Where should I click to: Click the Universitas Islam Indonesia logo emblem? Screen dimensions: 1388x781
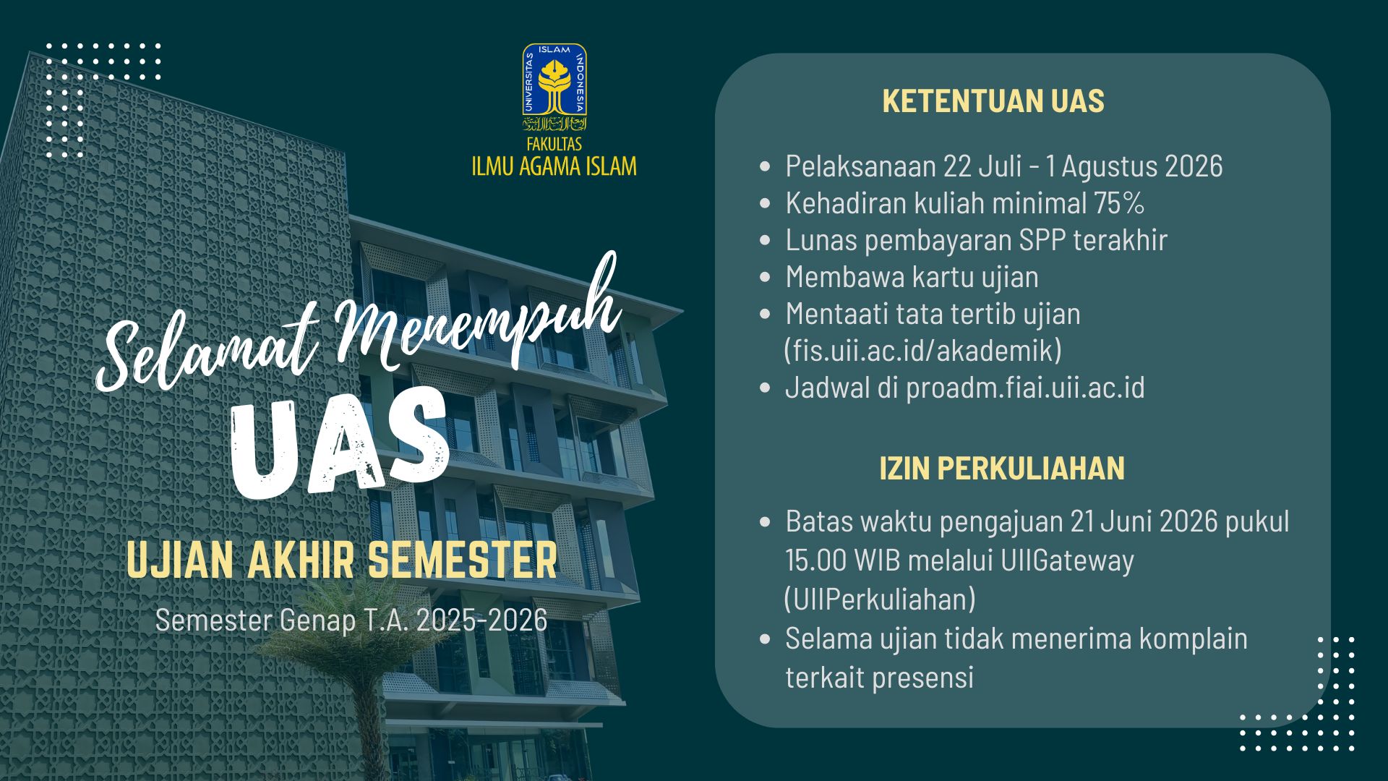(554, 87)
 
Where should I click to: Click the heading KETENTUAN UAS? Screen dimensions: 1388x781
(993, 101)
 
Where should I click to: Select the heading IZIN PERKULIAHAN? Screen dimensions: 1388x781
(1002, 469)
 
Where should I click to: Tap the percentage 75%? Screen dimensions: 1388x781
(1118, 203)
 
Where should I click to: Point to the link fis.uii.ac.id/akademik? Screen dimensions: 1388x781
(923, 351)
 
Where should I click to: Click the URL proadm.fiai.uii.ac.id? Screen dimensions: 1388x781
(1025, 388)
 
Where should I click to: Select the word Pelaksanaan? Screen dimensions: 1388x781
(861, 166)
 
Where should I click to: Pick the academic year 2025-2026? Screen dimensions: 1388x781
(481, 620)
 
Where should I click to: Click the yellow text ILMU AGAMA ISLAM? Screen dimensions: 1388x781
(554, 166)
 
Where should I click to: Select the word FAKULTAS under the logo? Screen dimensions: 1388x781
(554, 144)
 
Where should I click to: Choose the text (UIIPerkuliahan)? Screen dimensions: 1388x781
(880, 599)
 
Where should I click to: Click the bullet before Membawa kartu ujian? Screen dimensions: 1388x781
(766, 278)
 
